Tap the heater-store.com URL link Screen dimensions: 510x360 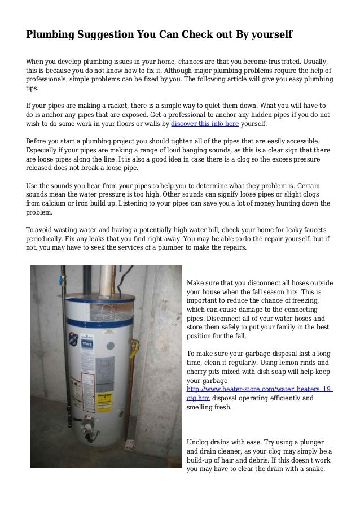(x=259, y=389)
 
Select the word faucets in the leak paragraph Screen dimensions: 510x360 (x=314, y=229)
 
